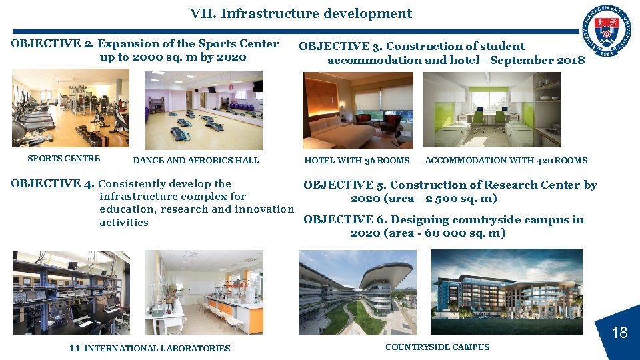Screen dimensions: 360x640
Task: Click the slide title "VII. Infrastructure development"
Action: (301, 13)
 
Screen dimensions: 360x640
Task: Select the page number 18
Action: (619, 332)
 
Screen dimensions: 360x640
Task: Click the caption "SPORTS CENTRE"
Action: (63, 159)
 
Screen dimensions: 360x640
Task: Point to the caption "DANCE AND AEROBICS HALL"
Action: (196, 160)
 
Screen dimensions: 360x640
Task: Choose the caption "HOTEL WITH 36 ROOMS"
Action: (357, 160)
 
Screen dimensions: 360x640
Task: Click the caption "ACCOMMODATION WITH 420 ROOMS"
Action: (506, 160)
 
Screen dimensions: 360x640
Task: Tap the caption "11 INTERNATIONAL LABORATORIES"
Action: (149, 348)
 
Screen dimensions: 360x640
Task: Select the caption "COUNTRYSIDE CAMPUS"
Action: (437, 347)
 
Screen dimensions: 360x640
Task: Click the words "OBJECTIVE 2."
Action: (52, 44)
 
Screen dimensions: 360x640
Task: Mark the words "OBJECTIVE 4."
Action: (53, 184)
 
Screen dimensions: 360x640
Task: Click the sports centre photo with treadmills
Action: (70, 108)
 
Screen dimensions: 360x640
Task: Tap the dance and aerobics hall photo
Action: (203, 110)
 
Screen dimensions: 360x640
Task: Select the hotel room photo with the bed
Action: (357, 110)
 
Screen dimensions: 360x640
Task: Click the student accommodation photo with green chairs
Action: (491, 109)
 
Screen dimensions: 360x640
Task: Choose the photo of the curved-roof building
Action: (357, 292)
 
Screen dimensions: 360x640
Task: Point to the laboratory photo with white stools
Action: (204, 292)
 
